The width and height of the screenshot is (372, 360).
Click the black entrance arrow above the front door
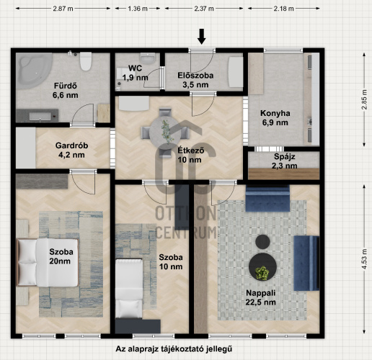202,37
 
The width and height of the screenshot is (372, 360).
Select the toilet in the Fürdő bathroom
86,61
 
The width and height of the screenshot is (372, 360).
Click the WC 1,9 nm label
135,73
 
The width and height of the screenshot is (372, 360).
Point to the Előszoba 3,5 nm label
195,80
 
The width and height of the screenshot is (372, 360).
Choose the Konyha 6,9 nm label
275,118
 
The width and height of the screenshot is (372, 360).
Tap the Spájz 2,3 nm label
285,161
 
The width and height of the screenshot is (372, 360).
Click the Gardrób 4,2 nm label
71,150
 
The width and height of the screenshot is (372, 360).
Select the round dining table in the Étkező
165,132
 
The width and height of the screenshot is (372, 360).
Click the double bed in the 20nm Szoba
48,263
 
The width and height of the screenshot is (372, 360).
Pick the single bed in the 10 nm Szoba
129,289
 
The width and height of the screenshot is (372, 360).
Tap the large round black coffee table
262,267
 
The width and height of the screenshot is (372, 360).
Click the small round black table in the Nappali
262,242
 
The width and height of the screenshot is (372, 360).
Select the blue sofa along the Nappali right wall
306,264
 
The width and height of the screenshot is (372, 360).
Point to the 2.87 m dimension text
63,9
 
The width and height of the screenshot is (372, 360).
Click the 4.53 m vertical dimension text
365,259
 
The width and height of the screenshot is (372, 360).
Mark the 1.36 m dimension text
138,9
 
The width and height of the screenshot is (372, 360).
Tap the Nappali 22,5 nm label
261,297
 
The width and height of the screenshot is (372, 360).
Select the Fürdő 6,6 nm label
66,91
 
